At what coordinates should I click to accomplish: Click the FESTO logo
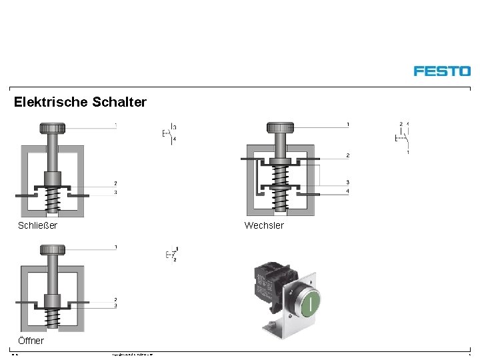(441, 71)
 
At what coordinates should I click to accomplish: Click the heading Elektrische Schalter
(80, 102)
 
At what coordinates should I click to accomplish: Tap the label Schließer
(37, 225)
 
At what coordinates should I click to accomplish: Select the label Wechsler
(264, 225)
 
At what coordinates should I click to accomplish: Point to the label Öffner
(31, 341)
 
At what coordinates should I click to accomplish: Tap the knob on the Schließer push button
(52, 128)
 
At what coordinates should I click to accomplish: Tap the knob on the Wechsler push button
(280, 127)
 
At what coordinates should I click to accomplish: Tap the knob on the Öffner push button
(52, 250)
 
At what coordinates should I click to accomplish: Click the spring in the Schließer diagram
(52, 200)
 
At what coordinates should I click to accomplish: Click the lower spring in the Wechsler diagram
(280, 200)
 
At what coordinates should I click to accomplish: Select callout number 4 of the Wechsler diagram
(348, 192)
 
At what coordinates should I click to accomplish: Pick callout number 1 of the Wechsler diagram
(348, 125)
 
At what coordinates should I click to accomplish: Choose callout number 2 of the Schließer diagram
(115, 183)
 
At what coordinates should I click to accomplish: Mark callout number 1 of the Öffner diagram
(115, 247)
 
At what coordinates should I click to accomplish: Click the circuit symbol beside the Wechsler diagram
(402, 137)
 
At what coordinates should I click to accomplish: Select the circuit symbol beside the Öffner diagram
(171, 254)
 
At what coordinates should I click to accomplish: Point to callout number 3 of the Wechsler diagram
(348, 183)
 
